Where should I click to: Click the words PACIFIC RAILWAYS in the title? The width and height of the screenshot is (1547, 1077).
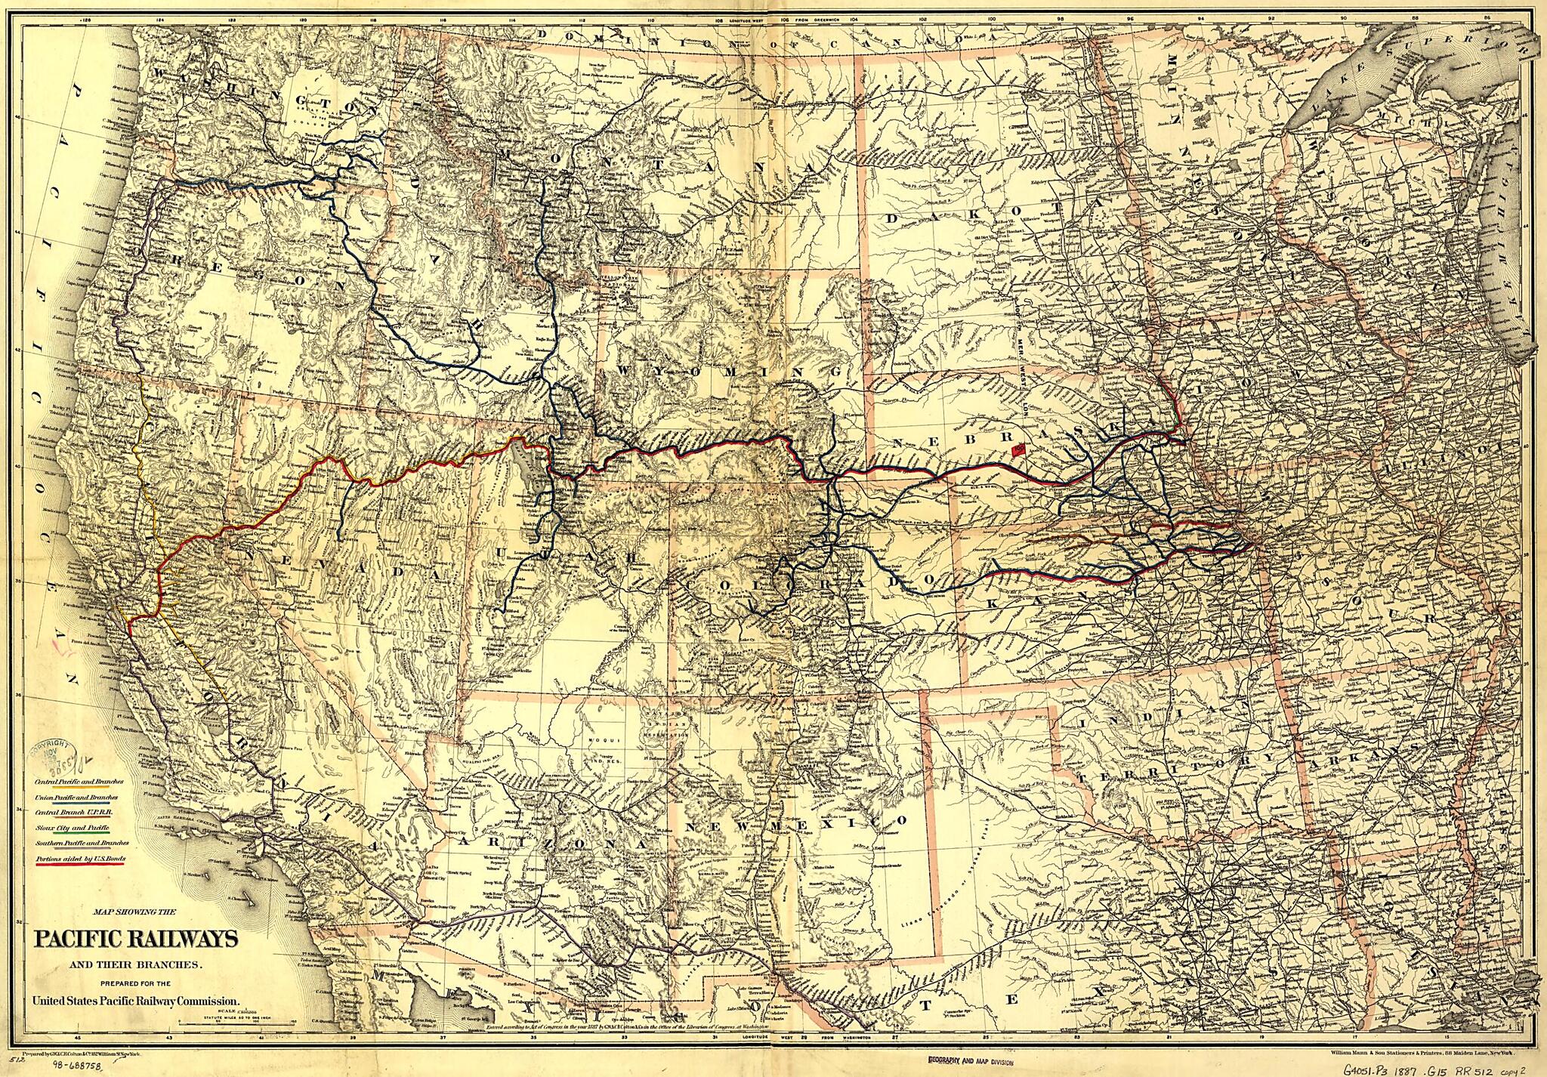(x=136, y=940)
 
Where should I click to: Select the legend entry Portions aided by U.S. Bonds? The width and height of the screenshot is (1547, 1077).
(x=80, y=859)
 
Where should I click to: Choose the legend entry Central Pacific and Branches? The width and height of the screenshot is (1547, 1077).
(x=79, y=782)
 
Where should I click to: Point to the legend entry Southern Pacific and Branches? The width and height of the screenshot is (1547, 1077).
(x=82, y=843)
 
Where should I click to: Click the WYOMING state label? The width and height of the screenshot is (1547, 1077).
(x=730, y=372)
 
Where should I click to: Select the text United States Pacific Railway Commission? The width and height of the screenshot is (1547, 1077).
(x=136, y=1001)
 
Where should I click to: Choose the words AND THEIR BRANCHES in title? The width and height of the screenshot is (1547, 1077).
(x=135, y=965)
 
